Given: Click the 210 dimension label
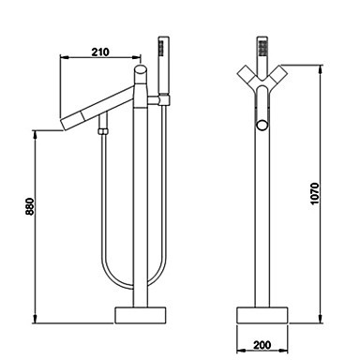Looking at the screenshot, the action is tap(100, 52).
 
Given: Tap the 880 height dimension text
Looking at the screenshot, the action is tap(29, 206).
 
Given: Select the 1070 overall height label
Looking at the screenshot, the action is tap(315, 193).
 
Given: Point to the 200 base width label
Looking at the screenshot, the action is tap(262, 345).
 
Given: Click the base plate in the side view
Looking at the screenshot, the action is tap(141, 315).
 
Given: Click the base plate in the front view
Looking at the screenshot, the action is tap(262, 315).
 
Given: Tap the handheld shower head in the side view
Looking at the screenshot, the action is tap(164, 65).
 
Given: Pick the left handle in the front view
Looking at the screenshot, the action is tap(247, 75).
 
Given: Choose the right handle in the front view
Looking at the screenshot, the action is tap(277, 75).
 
